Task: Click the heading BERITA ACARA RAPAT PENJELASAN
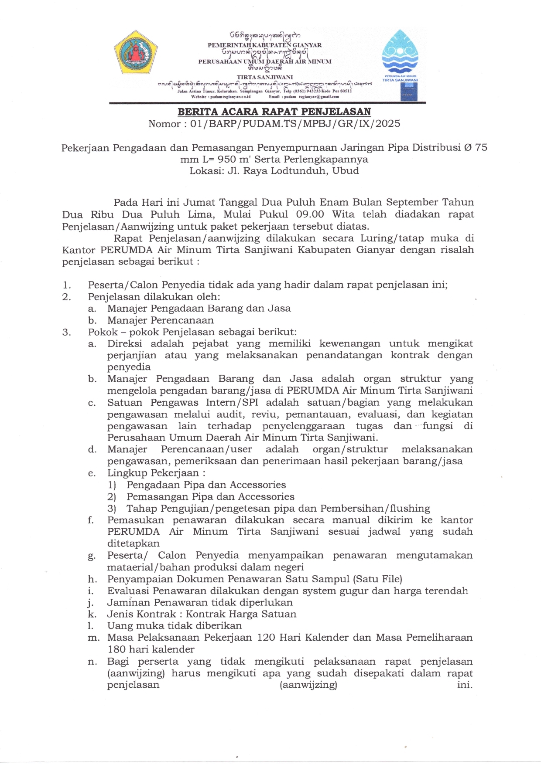click(x=274, y=112)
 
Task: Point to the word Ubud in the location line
click(x=346, y=171)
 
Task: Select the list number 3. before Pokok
click(x=66, y=332)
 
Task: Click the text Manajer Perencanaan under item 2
click(x=161, y=320)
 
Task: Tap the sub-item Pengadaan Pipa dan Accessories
click(x=206, y=485)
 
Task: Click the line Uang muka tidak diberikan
click(x=175, y=626)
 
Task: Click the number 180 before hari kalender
click(x=116, y=649)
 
